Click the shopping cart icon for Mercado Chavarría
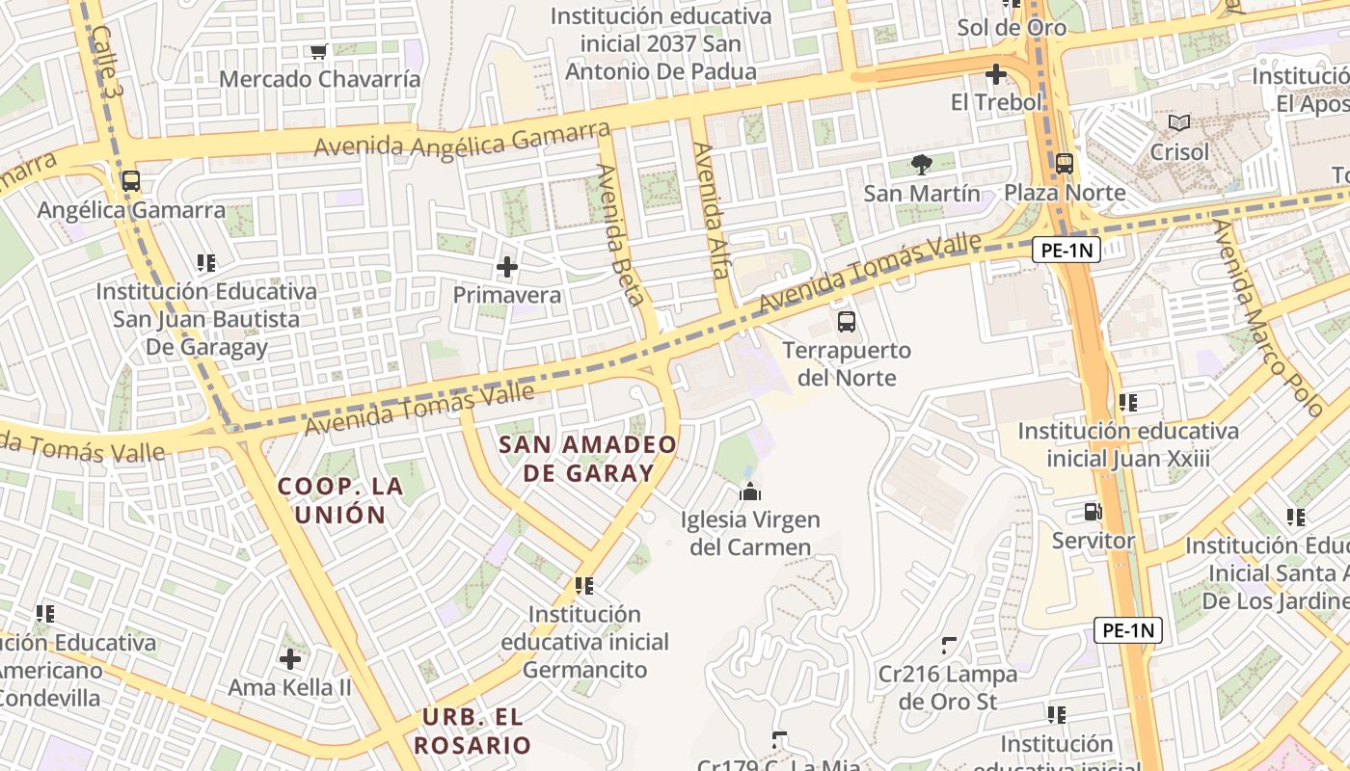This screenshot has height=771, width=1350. [318, 51]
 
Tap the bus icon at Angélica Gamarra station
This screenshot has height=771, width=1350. [131, 181]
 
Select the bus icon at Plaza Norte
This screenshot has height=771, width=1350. [1065, 164]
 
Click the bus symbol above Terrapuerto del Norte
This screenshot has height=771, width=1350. [847, 322]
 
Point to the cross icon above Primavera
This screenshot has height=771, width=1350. [507, 267]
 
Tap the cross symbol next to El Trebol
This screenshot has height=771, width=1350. [996, 74]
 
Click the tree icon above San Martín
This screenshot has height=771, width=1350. [922, 165]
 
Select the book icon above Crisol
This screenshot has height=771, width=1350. [1179, 123]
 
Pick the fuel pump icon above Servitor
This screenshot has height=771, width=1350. [1093, 512]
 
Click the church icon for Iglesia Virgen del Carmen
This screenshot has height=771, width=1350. [750, 492]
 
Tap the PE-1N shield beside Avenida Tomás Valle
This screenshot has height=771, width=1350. [1066, 251]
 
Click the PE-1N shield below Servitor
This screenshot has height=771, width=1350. [1128, 631]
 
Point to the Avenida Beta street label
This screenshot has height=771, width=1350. [620, 234]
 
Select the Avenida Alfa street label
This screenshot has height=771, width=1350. [712, 210]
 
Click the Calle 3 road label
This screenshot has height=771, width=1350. [108, 60]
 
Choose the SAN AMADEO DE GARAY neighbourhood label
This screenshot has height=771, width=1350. [587, 459]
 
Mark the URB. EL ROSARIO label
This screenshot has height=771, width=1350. [472, 731]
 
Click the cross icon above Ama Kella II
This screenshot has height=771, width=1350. [290, 659]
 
